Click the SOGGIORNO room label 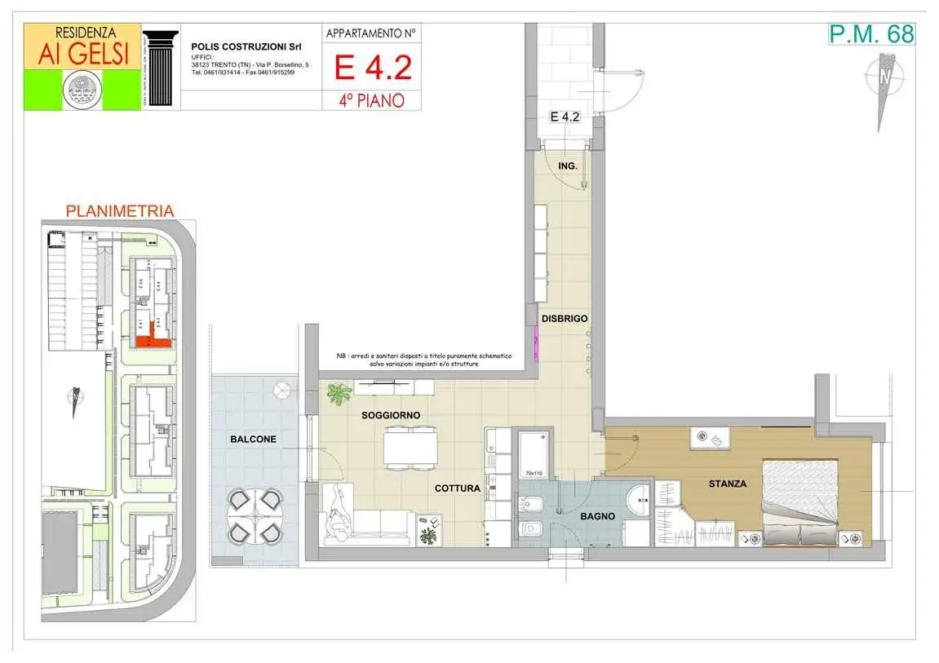[x=391, y=415]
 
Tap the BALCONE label [x=253, y=439]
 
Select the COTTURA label [x=457, y=488]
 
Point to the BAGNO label [x=598, y=516]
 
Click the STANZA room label [x=727, y=484]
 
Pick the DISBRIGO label [x=565, y=318]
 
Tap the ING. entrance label [x=568, y=166]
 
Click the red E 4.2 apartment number [x=372, y=67]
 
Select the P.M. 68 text [x=871, y=33]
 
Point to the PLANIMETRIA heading [x=119, y=211]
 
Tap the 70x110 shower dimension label [x=534, y=473]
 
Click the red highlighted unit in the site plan [x=153, y=342]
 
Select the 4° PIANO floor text [x=372, y=100]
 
